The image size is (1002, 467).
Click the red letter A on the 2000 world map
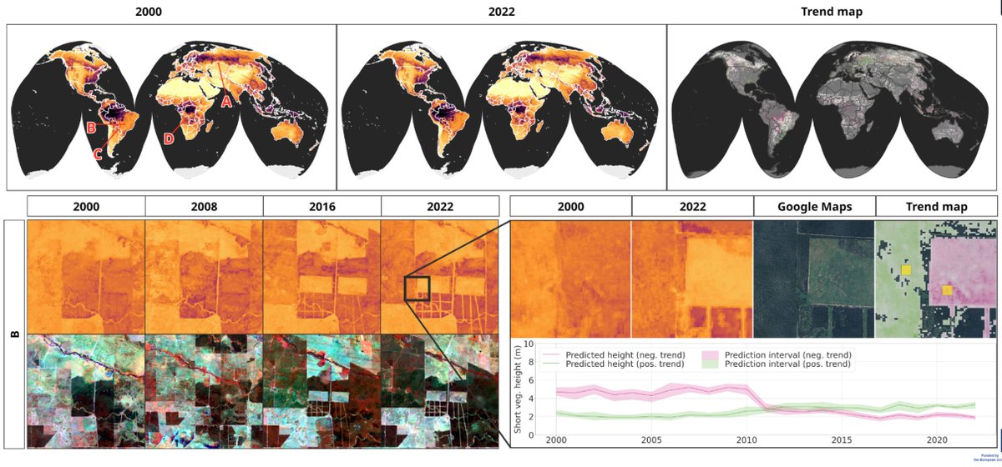pos(225,102)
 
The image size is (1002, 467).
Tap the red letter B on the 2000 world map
pos(91,128)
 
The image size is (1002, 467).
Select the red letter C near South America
pos(98,153)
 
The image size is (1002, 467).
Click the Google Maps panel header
pos(814,207)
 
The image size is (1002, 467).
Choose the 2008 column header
pos(204,207)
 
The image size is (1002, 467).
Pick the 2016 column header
pos(321,207)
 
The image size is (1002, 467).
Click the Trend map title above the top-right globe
pos(832,11)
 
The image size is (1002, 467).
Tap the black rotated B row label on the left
pos(14,334)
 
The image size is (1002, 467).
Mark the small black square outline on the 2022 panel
pos(417,289)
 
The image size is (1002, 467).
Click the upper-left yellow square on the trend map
pos(906,270)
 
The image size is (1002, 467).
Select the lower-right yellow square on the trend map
pos(947,289)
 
